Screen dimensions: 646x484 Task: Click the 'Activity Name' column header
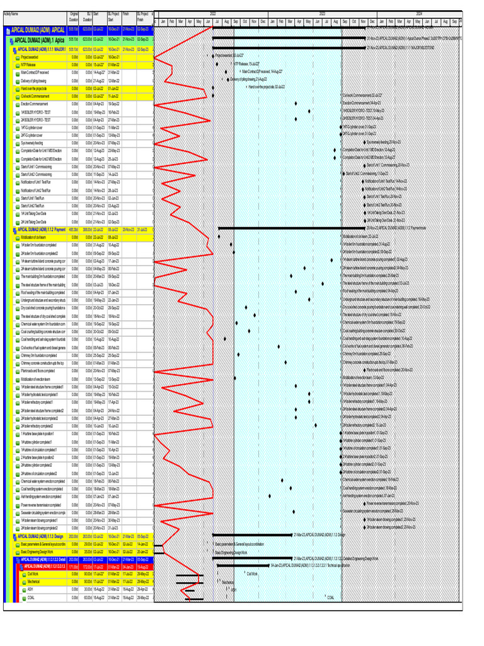11,14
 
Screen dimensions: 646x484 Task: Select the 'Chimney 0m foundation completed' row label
39,355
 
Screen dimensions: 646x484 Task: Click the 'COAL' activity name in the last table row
31,597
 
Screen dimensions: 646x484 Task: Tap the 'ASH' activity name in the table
30,589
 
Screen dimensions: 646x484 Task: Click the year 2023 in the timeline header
323,13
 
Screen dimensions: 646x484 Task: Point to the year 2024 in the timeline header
419,13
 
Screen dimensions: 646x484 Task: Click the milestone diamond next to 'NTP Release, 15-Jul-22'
231,64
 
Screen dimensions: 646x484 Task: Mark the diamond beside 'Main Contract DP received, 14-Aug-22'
238,73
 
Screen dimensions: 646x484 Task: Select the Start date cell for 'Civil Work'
98,574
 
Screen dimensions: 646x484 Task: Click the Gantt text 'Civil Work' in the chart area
252,574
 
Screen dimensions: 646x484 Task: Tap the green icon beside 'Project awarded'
18,57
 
